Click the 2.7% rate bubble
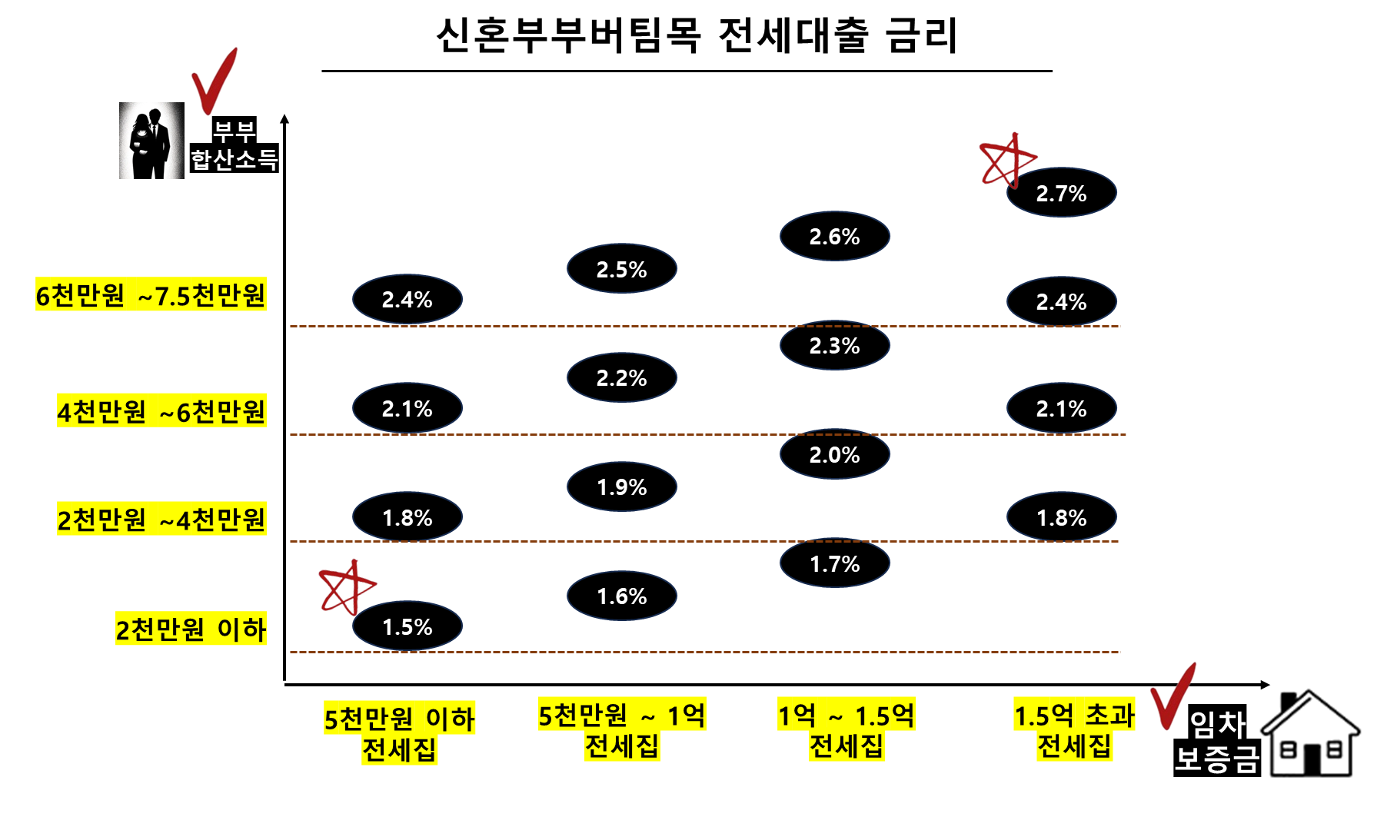tap(1061, 193)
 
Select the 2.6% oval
tap(834, 236)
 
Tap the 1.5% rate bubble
tap(407, 626)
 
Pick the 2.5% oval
tap(621, 269)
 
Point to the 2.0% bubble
tap(834, 454)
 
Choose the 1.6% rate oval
tap(621, 596)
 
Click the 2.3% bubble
tap(834, 345)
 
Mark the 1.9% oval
tap(621, 487)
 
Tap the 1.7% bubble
tap(834, 563)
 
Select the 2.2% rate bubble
tap(621, 377)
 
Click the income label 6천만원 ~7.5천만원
tap(151, 294)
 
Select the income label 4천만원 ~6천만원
tap(161, 410)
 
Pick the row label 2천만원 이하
tap(191, 629)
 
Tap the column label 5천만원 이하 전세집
tap(399, 733)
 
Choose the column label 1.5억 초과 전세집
tap(1074, 730)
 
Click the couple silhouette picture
tap(151, 141)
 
